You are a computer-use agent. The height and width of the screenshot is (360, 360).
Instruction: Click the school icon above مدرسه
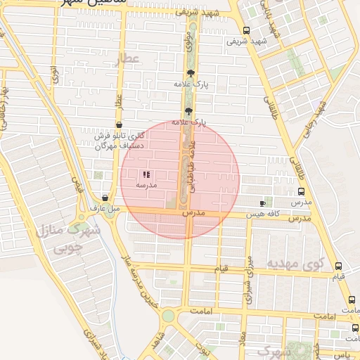(146, 174)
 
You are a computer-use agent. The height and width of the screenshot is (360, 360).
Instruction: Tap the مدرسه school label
(146, 184)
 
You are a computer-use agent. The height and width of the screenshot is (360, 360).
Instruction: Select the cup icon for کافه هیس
(263, 202)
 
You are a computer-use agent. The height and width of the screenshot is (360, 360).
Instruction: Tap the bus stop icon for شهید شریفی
(246, 30)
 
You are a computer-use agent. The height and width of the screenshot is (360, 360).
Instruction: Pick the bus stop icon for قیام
(339, 266)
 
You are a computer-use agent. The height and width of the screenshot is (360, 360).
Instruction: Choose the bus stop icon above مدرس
(301, 191)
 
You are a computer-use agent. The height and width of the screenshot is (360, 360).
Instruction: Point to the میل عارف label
(104, 208)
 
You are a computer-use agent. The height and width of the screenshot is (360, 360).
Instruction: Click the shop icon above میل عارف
(105, 198)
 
